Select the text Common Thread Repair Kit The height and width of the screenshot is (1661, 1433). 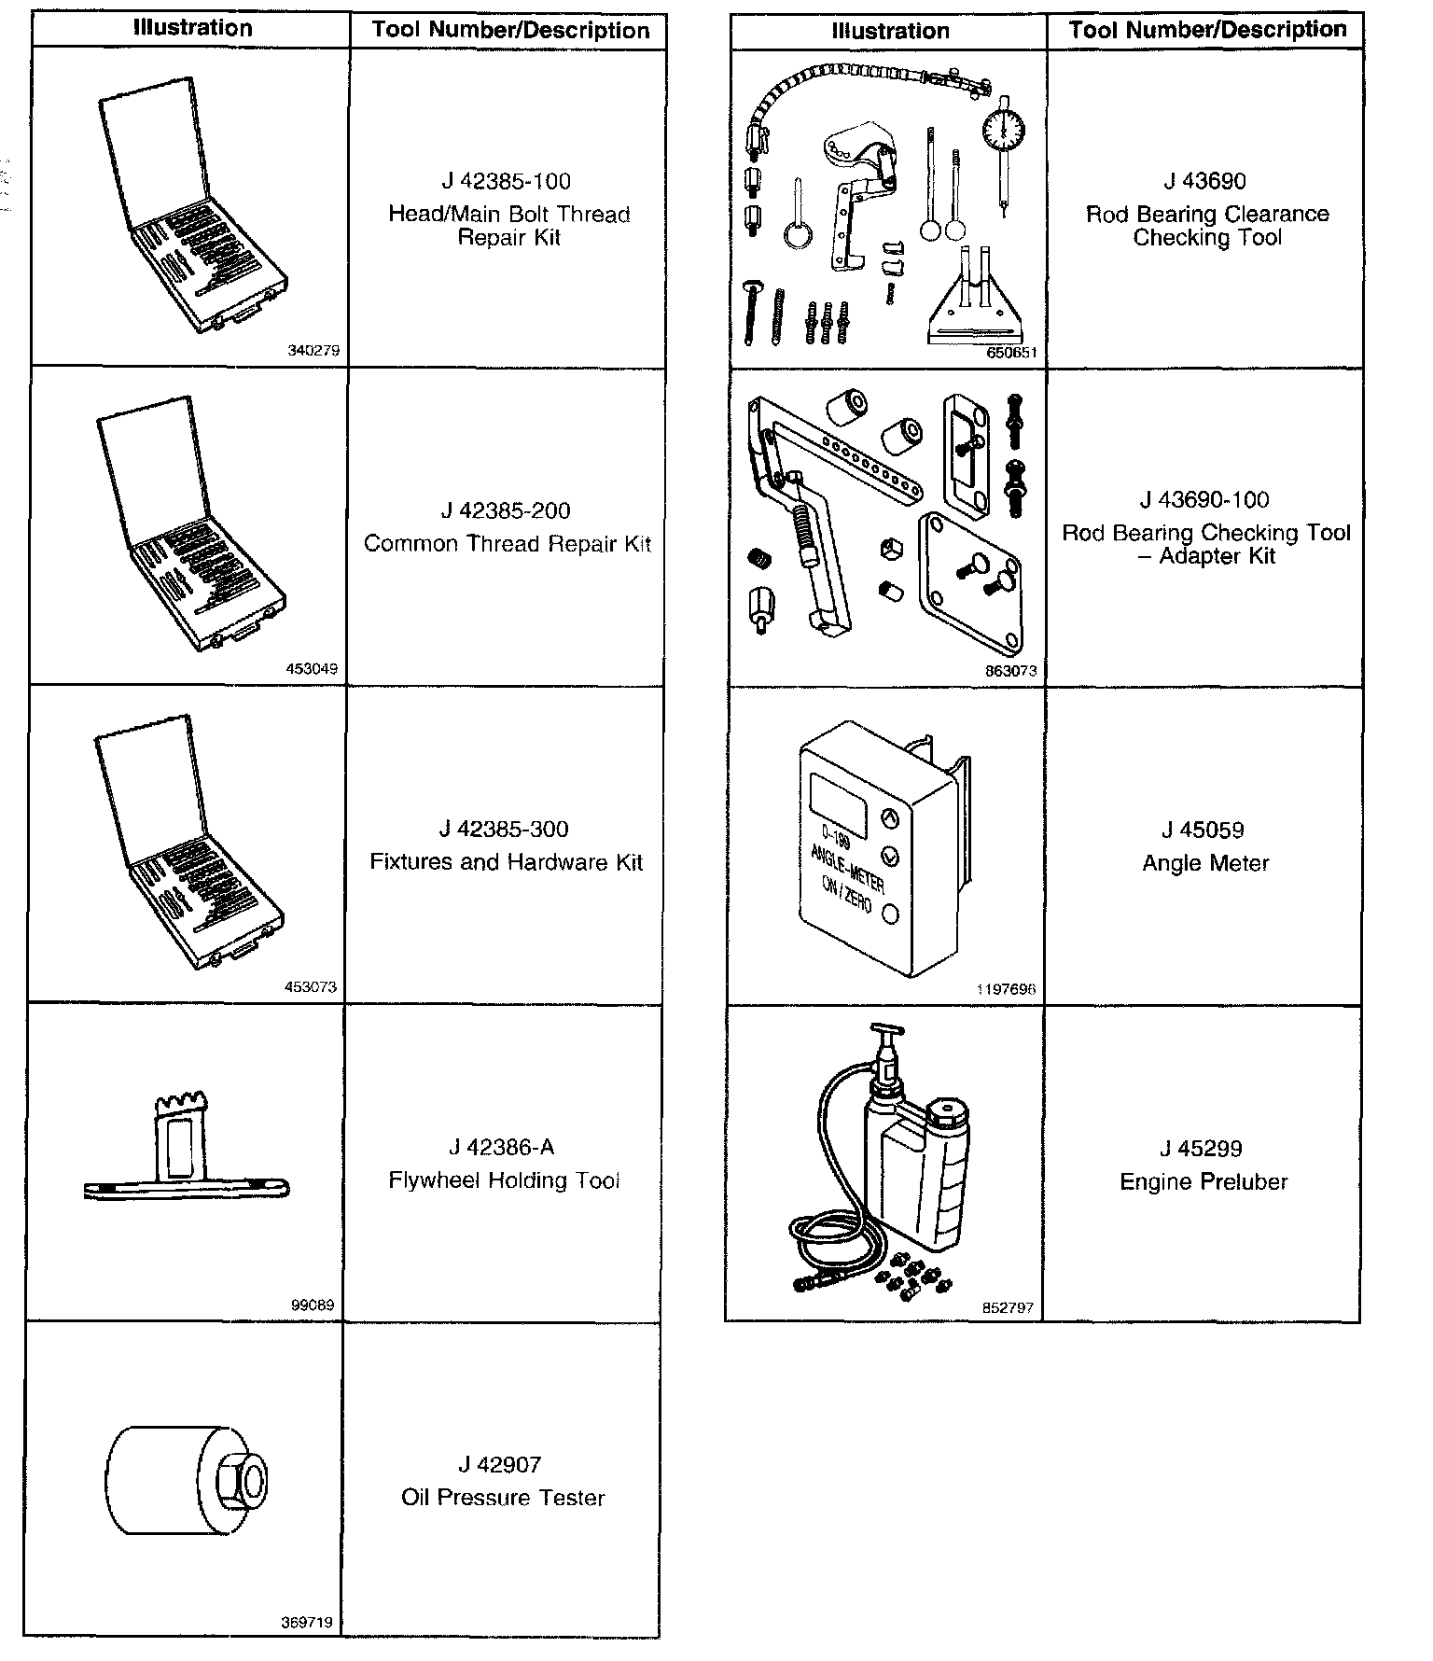pyautogui.click(x=507, y=544)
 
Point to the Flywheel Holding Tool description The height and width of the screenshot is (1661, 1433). pyautogui.click(x=504, y=1180)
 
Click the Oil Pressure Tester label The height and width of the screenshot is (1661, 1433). pyautogui.click(x=503, y=1498)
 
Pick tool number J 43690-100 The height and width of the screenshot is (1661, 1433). pyautogui.click(x=1203, y=500)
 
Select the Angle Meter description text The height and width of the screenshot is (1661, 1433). pyautogui.click(x=1205, y=863)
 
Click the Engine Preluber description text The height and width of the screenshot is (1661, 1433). pyautogui.click(x=1203, y=1182)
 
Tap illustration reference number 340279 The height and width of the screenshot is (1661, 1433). pyautogui.click(x=314, y=352)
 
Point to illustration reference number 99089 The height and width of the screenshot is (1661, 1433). pyautogui.click(x=313, y=1305)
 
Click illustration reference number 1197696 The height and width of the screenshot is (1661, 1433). pyautogui.click(x=1006, y=989)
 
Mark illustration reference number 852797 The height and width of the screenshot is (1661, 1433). pyautogui.click(x=1008, y=1307)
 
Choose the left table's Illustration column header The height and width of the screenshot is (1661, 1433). pyautogui.click(x=192, y=29)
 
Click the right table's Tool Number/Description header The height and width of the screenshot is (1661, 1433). pyautogui.click(x=1207, y=30)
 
